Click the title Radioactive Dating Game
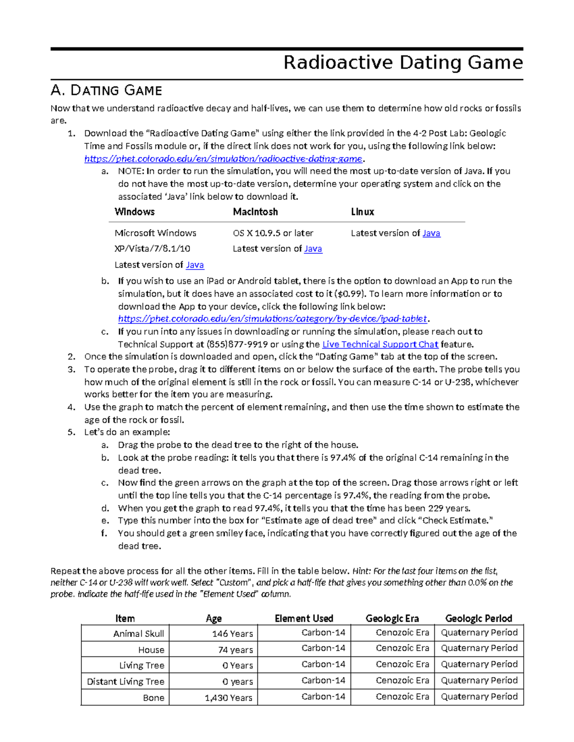point(403,63)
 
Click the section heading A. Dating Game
point(106,90)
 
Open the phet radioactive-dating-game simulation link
point(223,159)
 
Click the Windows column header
point(134,212)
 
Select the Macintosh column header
point(255,212)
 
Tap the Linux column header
point(363,212)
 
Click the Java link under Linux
point(431,233)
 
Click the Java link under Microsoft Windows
point(195,265)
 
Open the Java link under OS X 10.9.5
point(313,248)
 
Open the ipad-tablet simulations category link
point(272,319)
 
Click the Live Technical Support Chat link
point(380,344)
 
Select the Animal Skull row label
point(138,634)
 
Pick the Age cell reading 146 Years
point(232,634)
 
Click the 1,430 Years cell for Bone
point(228,698)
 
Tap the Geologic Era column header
point(392,618)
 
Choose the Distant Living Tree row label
point(125,682)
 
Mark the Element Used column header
point(304,618)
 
